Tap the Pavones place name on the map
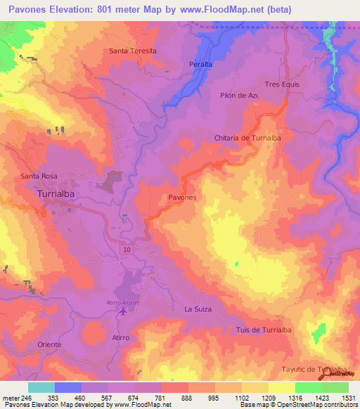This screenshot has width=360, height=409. click(182, 198)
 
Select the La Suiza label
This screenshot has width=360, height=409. click(198, 309)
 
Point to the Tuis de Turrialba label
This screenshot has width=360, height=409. click(264, 330)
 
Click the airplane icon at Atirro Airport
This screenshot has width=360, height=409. click(124, 311)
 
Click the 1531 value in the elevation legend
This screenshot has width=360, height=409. click(348, 397)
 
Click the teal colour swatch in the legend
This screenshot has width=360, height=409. click(41, 387)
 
